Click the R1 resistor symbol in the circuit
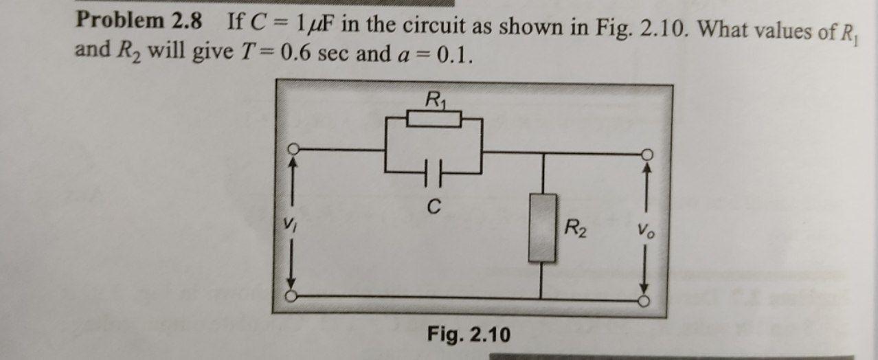coord(434,120)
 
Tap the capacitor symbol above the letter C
coord(434,168)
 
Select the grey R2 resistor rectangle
coord(543,227)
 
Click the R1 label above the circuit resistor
coord(434,100)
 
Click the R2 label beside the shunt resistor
coord(575,227)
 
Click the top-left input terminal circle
coord(293,149)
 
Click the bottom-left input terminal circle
coord(293,297)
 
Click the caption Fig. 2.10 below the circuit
coord(469,335)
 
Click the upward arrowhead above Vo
coord(646,166)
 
